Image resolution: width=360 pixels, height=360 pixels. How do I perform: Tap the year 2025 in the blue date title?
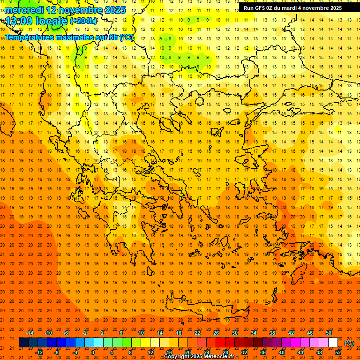[x=114, y=10]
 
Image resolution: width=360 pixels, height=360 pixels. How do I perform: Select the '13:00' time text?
[x=19, y=21]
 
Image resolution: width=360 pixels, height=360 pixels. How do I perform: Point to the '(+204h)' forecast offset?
[x=83, y=21]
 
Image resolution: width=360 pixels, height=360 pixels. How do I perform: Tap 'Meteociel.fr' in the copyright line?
[x=219, y=357]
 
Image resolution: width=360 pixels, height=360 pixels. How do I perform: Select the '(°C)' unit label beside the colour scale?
[x=349, y=343]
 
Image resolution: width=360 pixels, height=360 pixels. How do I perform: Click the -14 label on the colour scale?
[x=30, y=333]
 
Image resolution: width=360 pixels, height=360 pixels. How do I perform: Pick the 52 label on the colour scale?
[x=338, y=352]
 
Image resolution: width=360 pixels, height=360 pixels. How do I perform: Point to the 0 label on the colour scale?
[x=92, y=352]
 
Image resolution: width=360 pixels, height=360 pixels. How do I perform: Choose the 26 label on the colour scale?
[x=216, y=333]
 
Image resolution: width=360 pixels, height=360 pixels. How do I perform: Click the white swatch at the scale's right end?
[x=333, y=343]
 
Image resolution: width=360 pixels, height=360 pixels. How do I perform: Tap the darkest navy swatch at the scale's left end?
[x=23, y=343]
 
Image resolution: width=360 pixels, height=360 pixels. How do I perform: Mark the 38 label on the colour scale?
[x=272, y=333]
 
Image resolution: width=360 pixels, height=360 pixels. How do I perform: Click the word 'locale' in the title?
[x=52, y=21]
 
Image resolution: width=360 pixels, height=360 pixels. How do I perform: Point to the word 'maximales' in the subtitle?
[x=75, y=37]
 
